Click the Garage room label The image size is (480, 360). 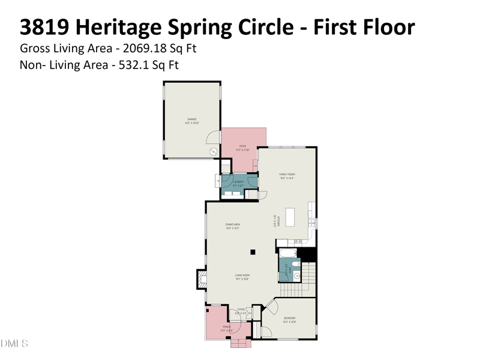click(x=191, y=119)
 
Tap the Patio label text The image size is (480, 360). click(x=243, y=146)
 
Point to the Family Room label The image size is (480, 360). click(x=287, y=175)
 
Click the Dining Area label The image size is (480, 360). click(x=233, y=224)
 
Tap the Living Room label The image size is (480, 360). click(x=242, y=275)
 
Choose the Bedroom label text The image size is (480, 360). click(x=290, y=318)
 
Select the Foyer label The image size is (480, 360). click(x=241, y=310)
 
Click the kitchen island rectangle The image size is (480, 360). click(x=290, y=217)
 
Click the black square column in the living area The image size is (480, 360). click(x=253, y=252)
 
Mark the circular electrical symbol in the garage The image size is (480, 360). click(x=212, y=152)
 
